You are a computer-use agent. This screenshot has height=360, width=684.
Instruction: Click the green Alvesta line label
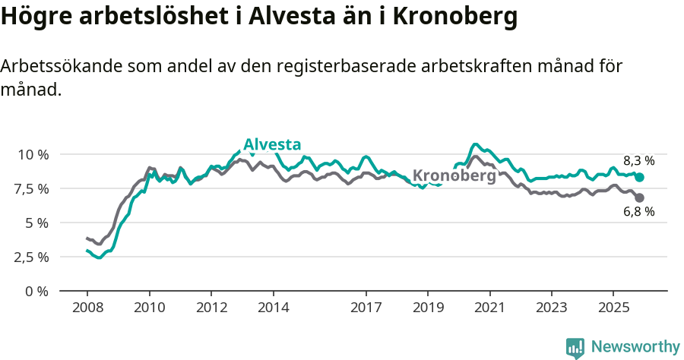click(x=272, y=145)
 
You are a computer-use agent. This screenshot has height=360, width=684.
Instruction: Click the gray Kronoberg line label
click(x=454, y=175)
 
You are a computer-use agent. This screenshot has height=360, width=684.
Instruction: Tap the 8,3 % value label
click(x=638, y=160)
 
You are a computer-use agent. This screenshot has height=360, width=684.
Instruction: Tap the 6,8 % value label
click(x=638, y=212)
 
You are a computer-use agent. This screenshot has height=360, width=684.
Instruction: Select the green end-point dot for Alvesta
click(x=639, y=177)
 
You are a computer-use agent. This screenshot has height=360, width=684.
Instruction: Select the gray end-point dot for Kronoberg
click(x=639, y=197)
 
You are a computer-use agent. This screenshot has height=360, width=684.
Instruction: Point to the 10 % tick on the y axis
click(x=33, y=154)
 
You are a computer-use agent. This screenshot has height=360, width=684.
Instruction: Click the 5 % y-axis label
click(x=36, y=223)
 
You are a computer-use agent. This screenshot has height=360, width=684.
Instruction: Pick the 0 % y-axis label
click(x=36, y=291)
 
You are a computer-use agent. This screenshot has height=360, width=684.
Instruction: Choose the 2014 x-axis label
click(x=273, y=308)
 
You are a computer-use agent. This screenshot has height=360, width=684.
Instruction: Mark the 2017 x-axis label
click(x=366, y=308)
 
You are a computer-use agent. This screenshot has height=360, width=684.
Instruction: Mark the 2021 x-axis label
click(x=489, y=308)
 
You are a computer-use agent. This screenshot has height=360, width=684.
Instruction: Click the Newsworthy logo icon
click(x=575, y=348)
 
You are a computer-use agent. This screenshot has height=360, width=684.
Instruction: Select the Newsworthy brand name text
click(x=635, y=347)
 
